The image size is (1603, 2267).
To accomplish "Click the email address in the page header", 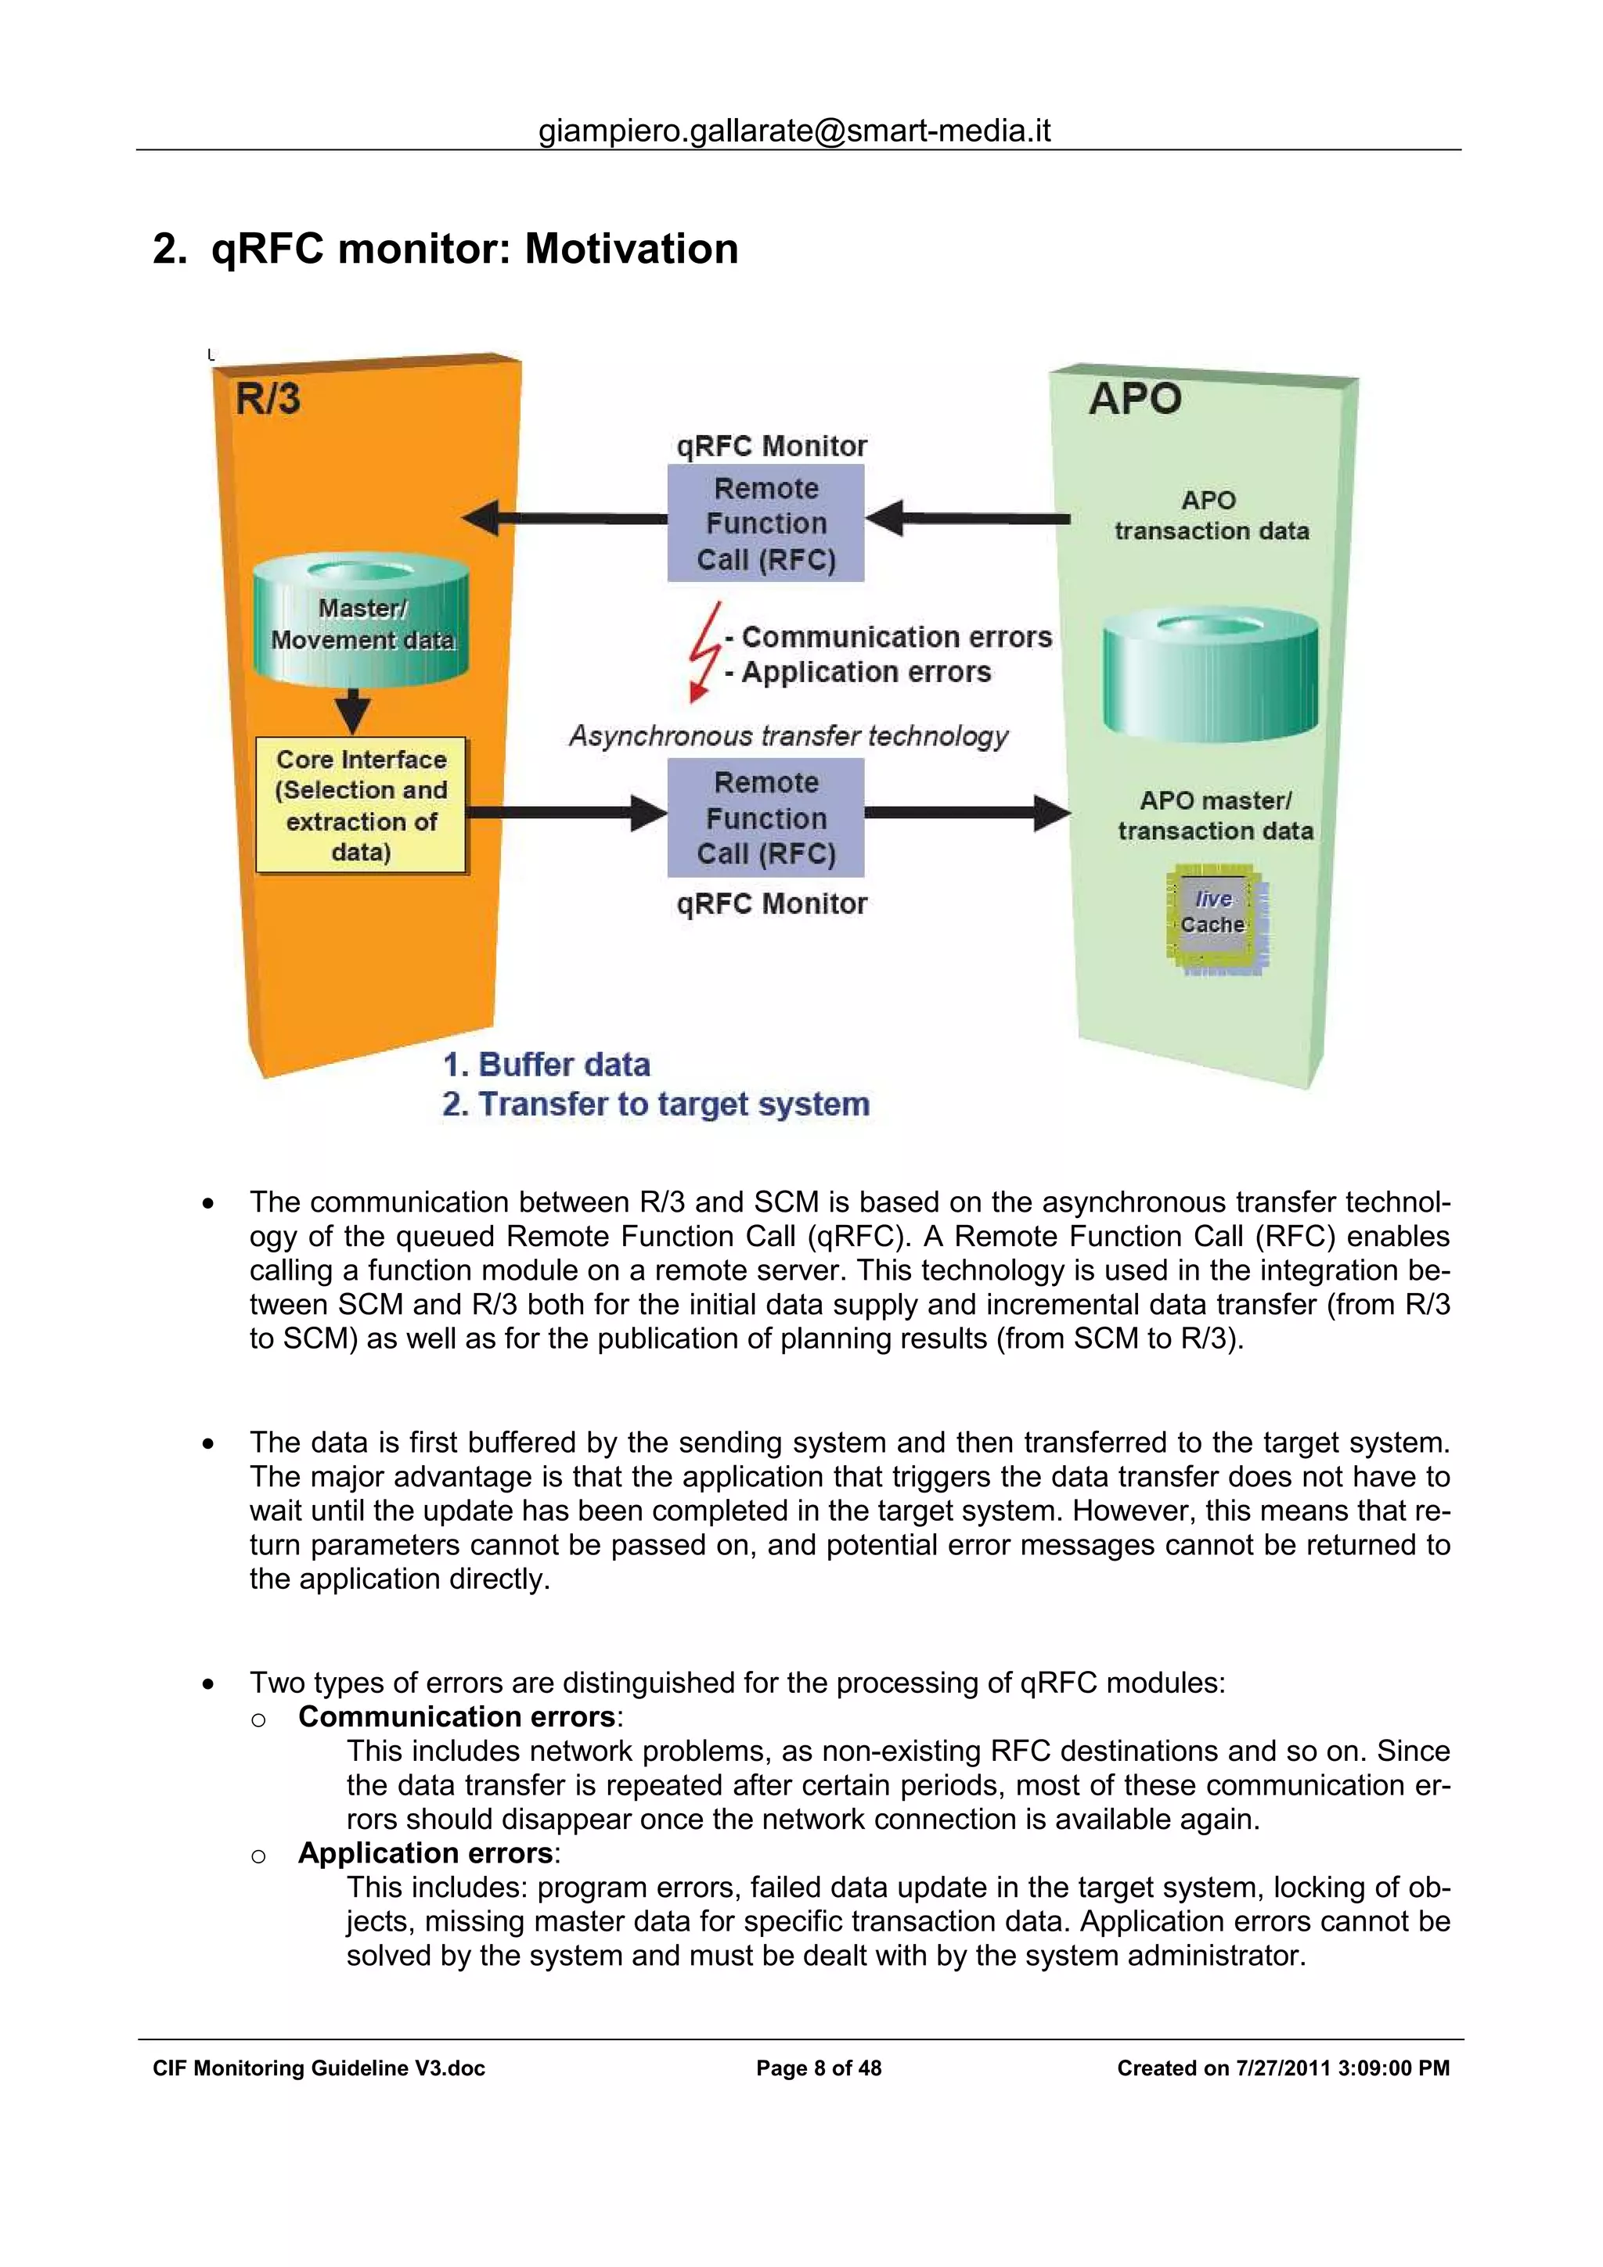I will tap(794, 131).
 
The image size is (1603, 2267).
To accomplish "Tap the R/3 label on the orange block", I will tap(268, 399).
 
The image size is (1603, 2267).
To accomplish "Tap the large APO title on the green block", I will tap(1135, 399).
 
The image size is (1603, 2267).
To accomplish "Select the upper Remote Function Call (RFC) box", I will tap(765, 523).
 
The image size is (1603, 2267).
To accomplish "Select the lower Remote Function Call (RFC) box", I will tap(765, 817).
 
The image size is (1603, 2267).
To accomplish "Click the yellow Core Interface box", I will tap(361, 806).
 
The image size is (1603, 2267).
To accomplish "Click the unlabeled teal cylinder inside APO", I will tap(1210, 677).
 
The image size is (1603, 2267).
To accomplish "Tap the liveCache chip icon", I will tap(1215, 918).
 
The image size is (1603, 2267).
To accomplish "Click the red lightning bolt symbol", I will tap(704, 651).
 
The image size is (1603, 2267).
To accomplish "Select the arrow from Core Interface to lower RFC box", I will tap(563, 813).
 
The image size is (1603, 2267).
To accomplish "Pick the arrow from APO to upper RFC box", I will tap(968, 517).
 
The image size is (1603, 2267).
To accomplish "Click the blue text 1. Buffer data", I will tap(546, 1065).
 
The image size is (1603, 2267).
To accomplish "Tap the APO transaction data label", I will tap(1211, 516).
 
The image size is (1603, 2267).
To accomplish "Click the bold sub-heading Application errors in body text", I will tap(425, 1853).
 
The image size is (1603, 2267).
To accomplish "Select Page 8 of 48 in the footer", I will tap(818, 2068).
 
